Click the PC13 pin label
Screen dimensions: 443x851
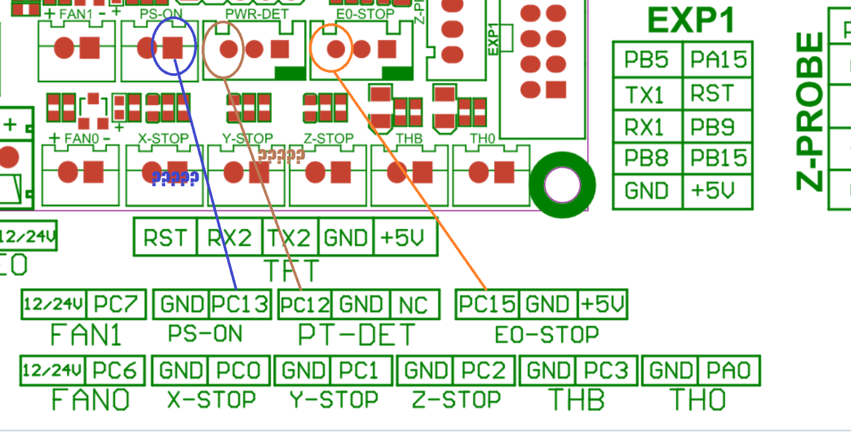click(x=239, y=305)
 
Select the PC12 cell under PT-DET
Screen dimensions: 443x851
click(x=305, y=305)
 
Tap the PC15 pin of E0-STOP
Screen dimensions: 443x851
click(x=487, y=305)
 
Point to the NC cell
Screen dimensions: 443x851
click(x=415, y=305)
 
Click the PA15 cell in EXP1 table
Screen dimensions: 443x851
click(x=717, y=60)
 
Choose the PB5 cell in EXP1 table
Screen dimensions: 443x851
click(x=647, y=60)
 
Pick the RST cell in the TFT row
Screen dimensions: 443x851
click(x=165, y=237)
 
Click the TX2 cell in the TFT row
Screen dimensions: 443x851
click(x=290, y=237)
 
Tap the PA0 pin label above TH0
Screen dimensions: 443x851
click(x=728, y=371)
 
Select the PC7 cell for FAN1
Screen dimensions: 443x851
click(x=116, y=305)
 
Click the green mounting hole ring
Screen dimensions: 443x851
click(x=562, y=185)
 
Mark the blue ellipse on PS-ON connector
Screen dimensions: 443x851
click(x=174, y=45)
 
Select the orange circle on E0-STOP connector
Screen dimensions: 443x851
click(x=332, y=48)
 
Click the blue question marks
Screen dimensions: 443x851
click(x=175, y=179)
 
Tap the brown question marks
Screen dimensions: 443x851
click(x=281, y=155)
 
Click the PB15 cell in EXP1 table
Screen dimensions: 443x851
click(x=717, y=158)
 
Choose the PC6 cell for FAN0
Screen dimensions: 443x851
click(x=115, y=371)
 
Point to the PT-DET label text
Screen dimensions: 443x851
click(x=356, y=335)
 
